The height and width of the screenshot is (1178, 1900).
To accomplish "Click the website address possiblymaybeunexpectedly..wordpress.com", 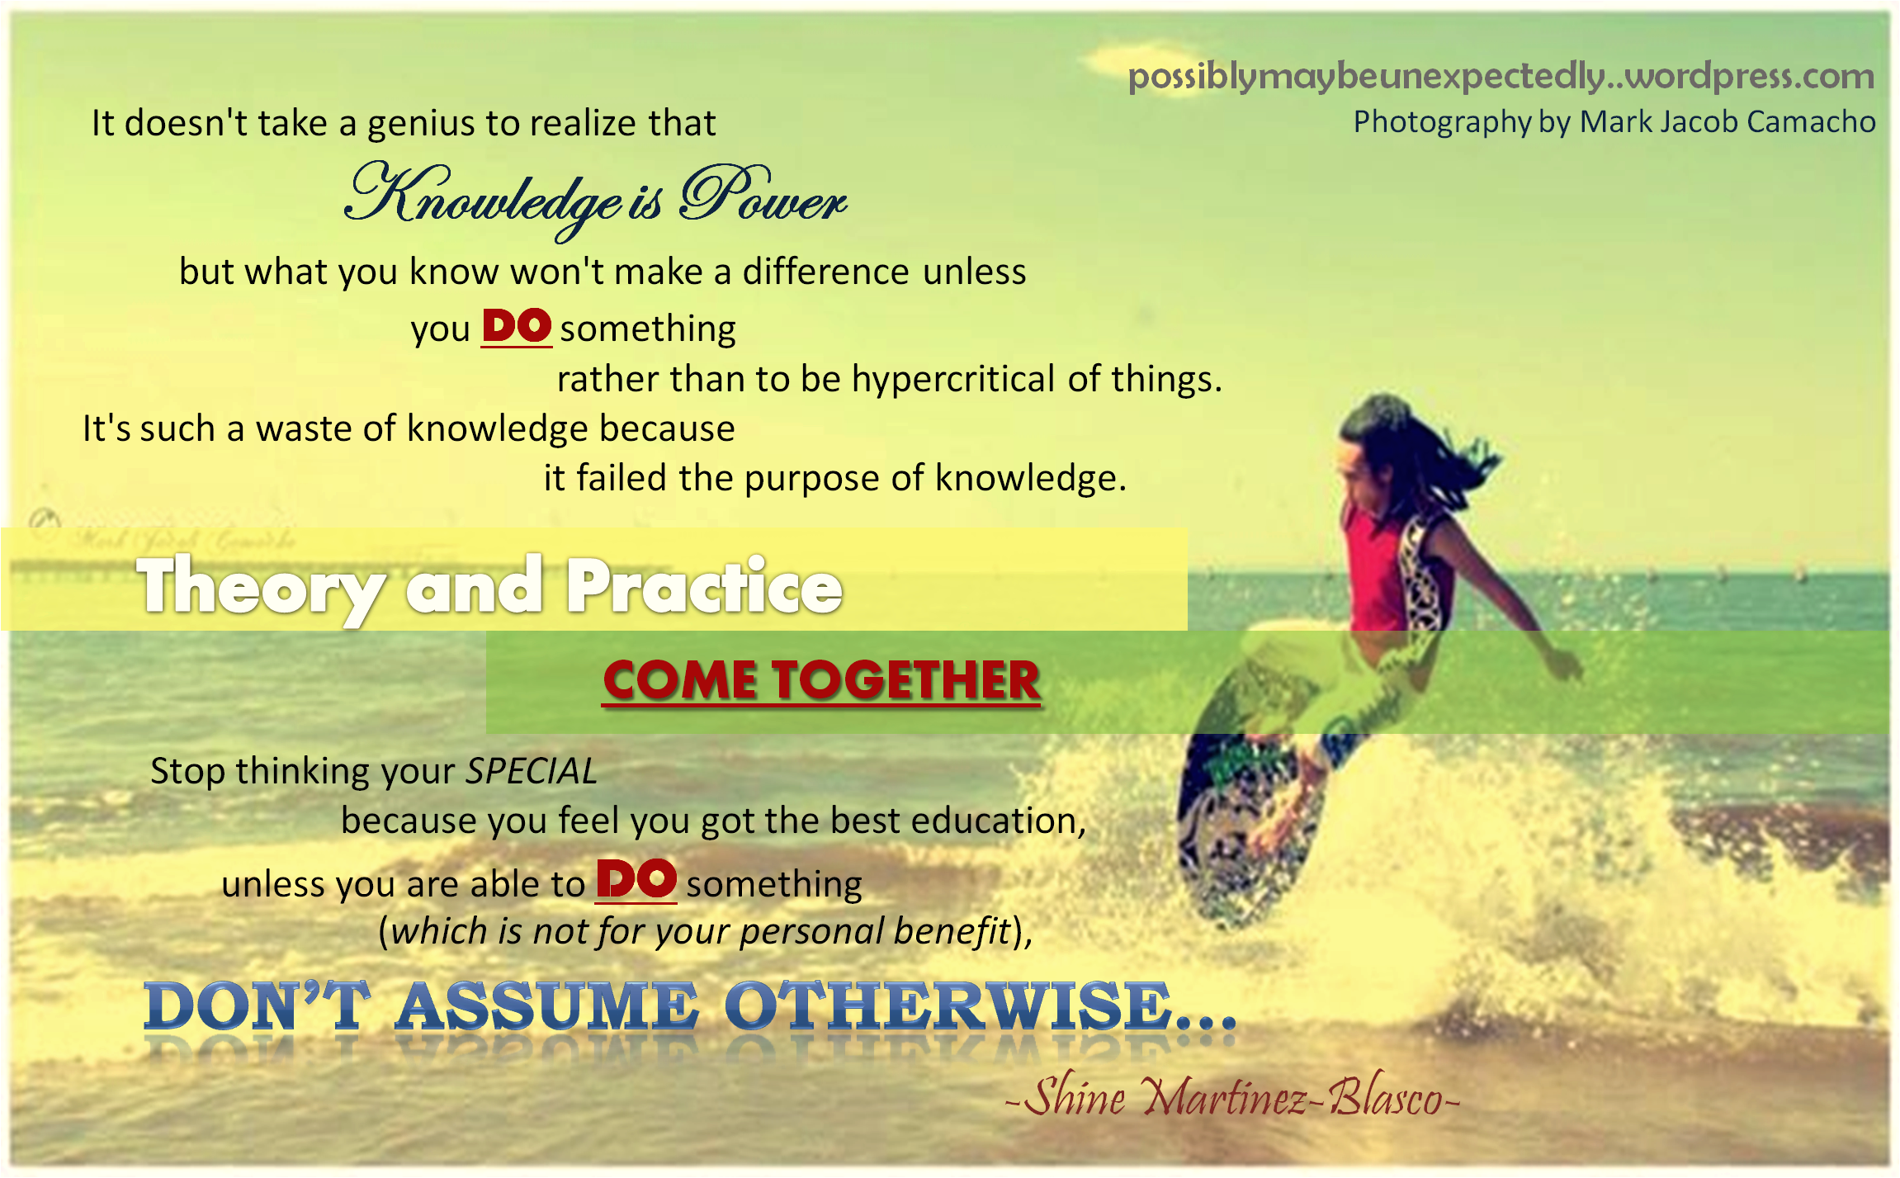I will (x=1501, y=77).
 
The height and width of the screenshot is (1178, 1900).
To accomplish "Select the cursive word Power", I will (x=763, y=196).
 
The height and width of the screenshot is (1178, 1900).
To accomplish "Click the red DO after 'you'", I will (x=517, y=326).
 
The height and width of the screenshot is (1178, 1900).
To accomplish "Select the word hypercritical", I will (x=953, y=379).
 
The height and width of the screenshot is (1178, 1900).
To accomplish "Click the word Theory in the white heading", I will (x=261, y=587).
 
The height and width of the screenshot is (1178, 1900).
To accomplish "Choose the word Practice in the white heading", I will (x=704, y=587).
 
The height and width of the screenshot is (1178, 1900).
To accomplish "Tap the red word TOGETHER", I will (x=906, y=681).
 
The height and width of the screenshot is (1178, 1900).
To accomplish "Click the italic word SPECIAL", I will (x=532, y=772).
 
